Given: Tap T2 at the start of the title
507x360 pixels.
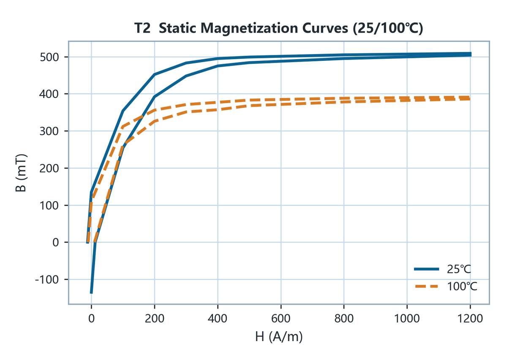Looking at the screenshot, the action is coord(142,28).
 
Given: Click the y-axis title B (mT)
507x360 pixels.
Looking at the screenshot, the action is coord(21,173).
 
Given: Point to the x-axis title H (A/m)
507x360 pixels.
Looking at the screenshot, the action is coord(279,337).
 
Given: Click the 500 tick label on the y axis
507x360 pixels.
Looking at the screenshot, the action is coord(49,57).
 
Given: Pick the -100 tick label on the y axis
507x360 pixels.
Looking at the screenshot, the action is coord(46,280).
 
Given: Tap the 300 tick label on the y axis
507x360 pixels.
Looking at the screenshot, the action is coord(49,131).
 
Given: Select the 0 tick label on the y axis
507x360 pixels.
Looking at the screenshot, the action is coord(55,243).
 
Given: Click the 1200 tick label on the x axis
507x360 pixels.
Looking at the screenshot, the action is coord(470,319).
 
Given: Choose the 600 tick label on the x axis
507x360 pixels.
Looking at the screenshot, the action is coord(281,319).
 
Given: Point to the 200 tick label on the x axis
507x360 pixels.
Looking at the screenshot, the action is coord(154,319).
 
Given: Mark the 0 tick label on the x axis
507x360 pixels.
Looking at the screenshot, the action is coord(91,319).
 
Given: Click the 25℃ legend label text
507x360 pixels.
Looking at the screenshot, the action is coord(459,270).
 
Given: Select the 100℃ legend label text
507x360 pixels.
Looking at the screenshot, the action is coord(462,286).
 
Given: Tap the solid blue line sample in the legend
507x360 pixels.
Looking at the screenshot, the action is coord(426,269).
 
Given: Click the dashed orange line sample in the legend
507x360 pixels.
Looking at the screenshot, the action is coord(426,286).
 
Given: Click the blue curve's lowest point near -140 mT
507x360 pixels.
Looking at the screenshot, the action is coord(91,293).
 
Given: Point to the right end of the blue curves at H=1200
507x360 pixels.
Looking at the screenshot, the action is coord(470,55).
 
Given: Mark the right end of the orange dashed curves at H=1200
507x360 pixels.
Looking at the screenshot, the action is coord(470,98).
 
